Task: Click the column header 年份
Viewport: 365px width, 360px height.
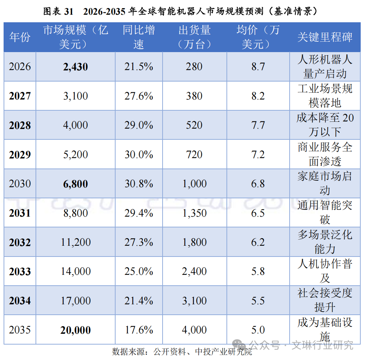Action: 20,37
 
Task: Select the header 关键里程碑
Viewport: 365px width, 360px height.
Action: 325,37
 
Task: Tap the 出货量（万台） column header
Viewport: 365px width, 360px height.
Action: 195,37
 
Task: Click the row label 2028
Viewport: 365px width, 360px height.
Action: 20,125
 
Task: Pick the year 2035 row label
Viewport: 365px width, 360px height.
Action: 20,330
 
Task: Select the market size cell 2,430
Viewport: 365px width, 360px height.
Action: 75,67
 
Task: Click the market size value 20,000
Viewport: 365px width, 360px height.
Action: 75,330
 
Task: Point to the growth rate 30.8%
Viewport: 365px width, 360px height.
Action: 139,184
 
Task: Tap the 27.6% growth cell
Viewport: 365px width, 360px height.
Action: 139,96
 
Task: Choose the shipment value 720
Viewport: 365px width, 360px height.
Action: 194,154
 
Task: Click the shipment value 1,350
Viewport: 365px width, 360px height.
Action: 195,213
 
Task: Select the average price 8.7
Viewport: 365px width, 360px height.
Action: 258,66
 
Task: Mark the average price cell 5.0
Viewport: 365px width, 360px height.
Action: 258,330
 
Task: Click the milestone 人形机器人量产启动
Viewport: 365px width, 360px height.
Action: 325,66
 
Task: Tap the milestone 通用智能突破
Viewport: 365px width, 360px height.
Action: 325,212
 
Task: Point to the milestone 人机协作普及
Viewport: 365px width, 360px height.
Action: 325,271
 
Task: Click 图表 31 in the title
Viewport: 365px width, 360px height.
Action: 59,11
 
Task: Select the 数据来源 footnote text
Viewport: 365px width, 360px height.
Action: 182,352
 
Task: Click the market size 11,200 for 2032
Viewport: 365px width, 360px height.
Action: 75,242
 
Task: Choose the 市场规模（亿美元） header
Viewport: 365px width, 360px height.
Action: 75,37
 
